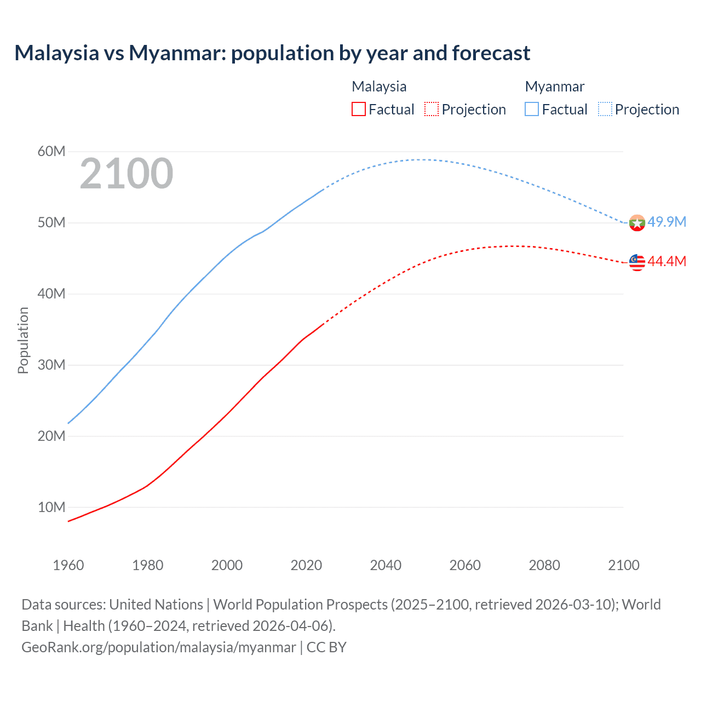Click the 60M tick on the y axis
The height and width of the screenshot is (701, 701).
(51, 152)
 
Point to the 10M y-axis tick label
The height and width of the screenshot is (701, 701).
(51, 508)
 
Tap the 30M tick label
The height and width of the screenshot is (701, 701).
(51, 365)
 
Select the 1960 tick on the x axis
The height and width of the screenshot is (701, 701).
(68, 565)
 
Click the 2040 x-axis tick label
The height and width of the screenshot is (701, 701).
(386, 565)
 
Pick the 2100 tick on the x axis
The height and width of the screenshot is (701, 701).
(623, 565)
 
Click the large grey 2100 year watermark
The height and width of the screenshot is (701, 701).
(127, 174)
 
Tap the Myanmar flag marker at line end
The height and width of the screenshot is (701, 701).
(637, 223)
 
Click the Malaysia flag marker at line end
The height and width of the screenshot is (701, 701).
(637, 262)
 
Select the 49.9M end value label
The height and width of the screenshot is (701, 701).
(666, 222)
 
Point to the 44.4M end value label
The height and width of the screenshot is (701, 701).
(666, 261)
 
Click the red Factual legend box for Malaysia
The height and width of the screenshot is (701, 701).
(359, 110)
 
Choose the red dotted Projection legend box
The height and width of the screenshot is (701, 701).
(432, 110)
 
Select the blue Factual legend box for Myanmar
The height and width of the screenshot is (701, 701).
(532, 110)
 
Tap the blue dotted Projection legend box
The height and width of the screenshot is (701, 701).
(605, 110)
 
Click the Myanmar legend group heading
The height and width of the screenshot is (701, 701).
(554, 87)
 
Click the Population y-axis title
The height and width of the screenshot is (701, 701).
(23, 340)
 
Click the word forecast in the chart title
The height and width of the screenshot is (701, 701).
(491, 53)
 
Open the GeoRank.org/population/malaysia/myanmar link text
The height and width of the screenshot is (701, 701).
(158, 647)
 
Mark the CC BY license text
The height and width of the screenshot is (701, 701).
(326, 647)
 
